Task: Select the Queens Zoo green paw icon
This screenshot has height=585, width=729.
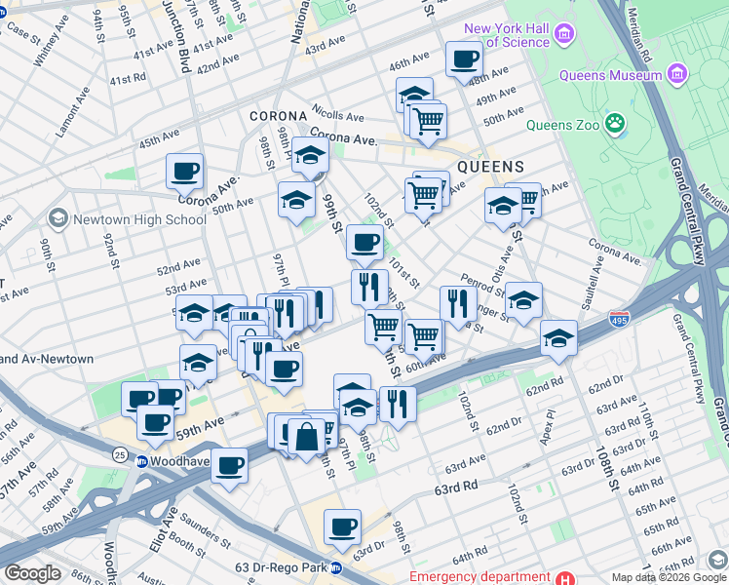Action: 615,123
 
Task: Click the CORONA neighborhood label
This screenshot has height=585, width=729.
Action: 278,115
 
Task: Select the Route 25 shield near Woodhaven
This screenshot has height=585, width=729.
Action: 117,453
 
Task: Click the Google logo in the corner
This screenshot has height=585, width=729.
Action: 32,573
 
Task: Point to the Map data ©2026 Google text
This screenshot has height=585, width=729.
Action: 668,577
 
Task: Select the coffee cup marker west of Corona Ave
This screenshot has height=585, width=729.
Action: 184,173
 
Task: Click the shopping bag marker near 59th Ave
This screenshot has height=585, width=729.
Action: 307,436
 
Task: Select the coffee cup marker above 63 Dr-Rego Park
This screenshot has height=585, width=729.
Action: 342,527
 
